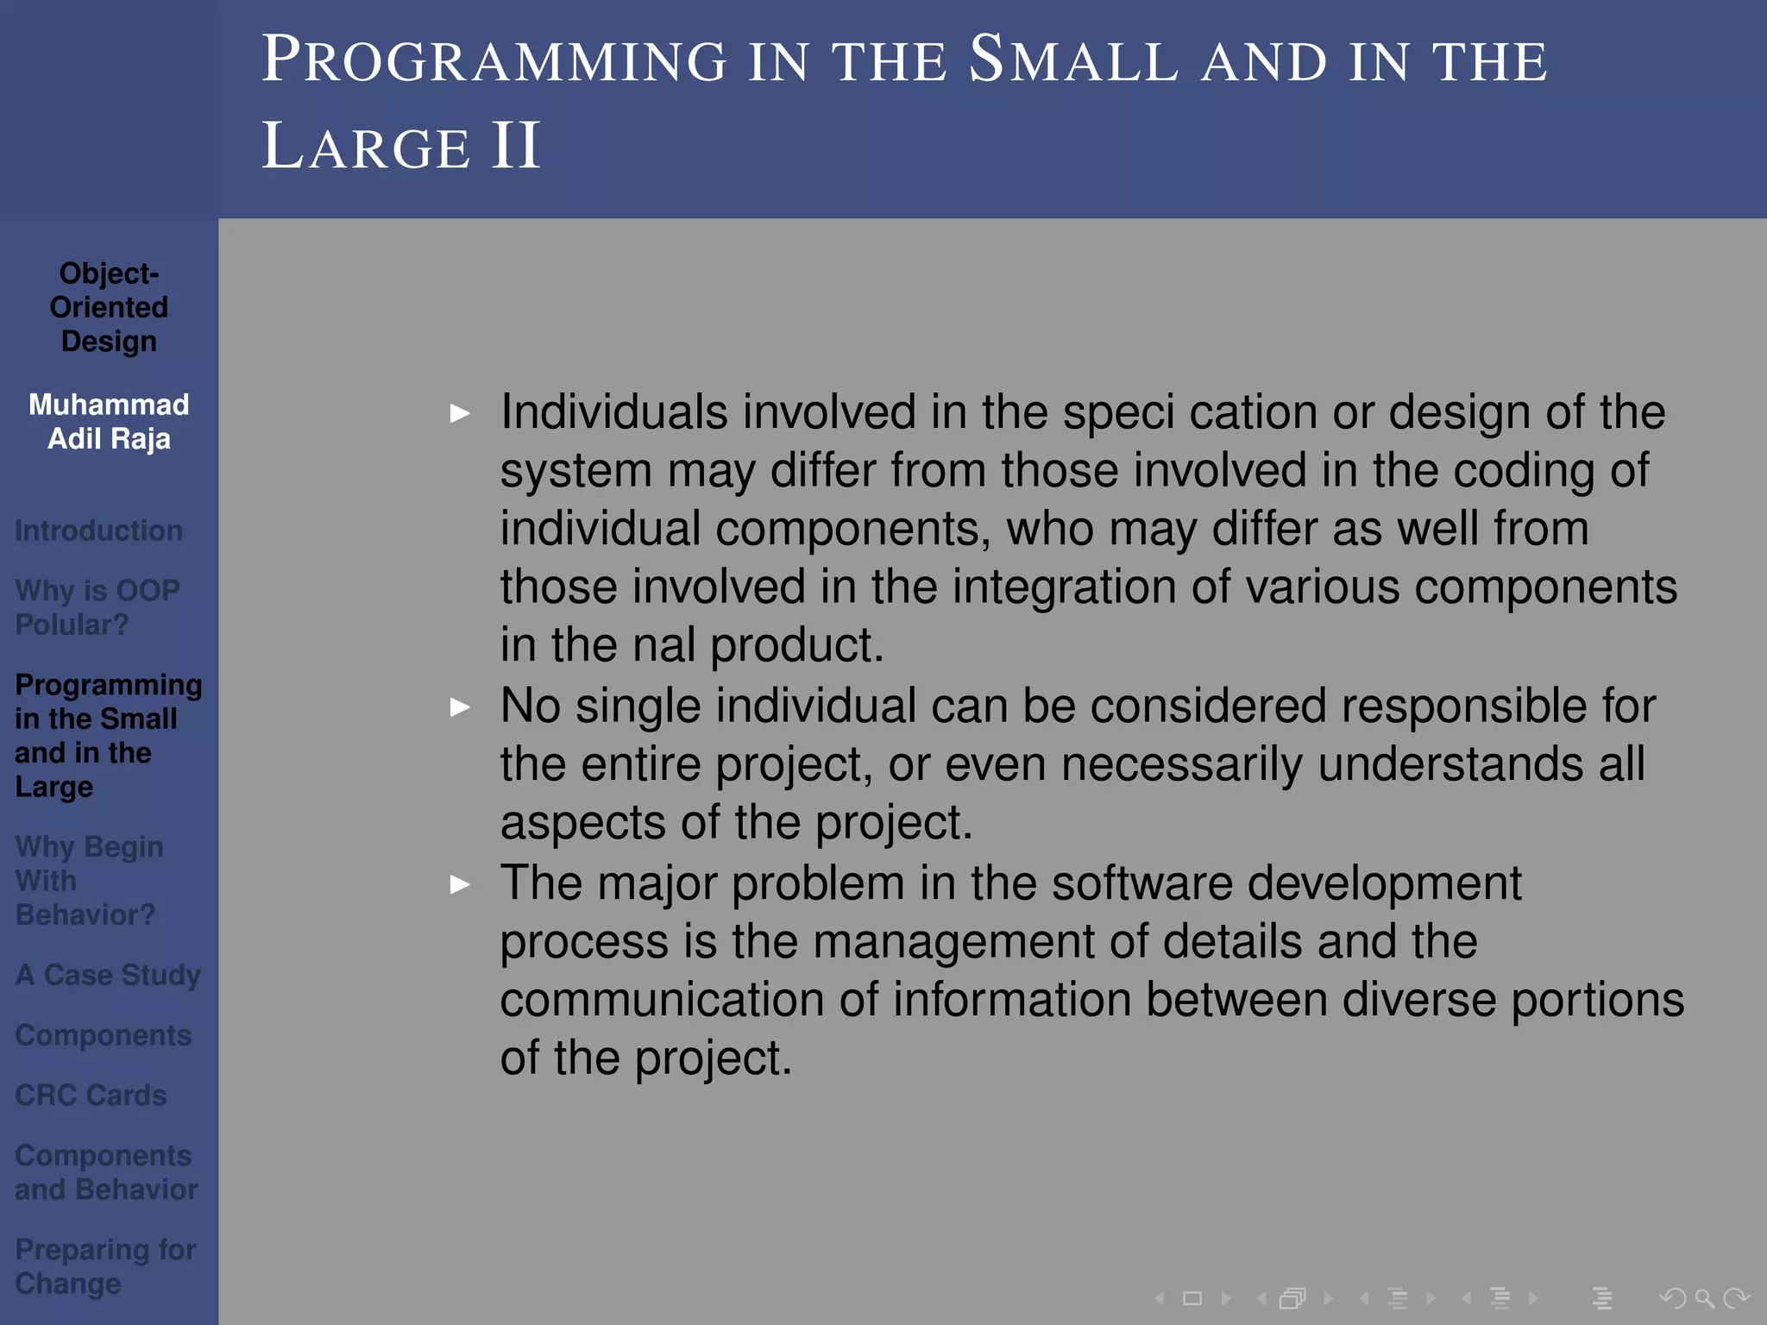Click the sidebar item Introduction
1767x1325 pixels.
click(x=98, y=531)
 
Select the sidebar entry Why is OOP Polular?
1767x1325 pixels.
click(x=97, y=607)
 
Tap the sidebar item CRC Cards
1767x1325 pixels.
click(x=91, y=1095)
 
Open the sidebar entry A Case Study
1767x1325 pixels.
click(x=108, y=975)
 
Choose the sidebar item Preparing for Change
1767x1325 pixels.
click(x=105, y=1266)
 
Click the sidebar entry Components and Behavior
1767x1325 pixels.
click(x=105, y=1172)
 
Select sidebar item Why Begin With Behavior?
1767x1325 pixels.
click(x=89, y=881)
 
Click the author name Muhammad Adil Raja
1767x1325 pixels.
click(x=109, y=422)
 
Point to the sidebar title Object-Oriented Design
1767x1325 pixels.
click(x=109, y=307)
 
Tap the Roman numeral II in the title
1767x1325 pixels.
click(x=515, y=146)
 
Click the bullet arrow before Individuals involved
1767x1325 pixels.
click(x=460, y=413)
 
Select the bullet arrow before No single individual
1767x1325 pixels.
click(x=460, y=707)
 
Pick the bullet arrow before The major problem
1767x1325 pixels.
click(x=460, y=884)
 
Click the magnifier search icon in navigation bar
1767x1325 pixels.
click(x=1704, y=1297)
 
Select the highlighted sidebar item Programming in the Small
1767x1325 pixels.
click(x=107, y=736)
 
